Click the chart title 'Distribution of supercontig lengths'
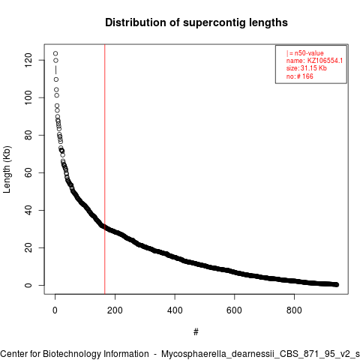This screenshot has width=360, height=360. point(196,22)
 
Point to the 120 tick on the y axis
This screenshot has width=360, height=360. point(28,60)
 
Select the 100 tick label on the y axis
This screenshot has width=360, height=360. point(28,97)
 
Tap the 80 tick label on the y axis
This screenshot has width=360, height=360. point(28,135)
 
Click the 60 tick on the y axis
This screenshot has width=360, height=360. point(28,172)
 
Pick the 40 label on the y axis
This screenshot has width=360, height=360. point(28,210)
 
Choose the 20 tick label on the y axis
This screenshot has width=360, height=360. point(28,247)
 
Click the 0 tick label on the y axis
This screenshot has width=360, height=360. point(28,285)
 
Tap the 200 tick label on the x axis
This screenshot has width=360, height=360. point(115,310)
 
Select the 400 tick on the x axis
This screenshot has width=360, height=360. point(175,310)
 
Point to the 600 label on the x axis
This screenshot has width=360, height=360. point(234,310)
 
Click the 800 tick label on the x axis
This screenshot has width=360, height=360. point(294,310)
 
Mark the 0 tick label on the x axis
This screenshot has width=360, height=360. point(55,310)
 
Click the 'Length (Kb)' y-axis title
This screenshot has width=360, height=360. point(7,169)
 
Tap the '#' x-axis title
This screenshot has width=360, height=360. point(196,332)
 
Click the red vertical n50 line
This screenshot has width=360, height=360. point(105,169)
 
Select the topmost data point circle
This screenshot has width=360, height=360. point(55,53)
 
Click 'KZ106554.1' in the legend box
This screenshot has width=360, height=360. point(325,61)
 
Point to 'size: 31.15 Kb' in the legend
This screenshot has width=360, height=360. point(307,68)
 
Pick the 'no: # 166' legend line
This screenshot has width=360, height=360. point(300,76)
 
